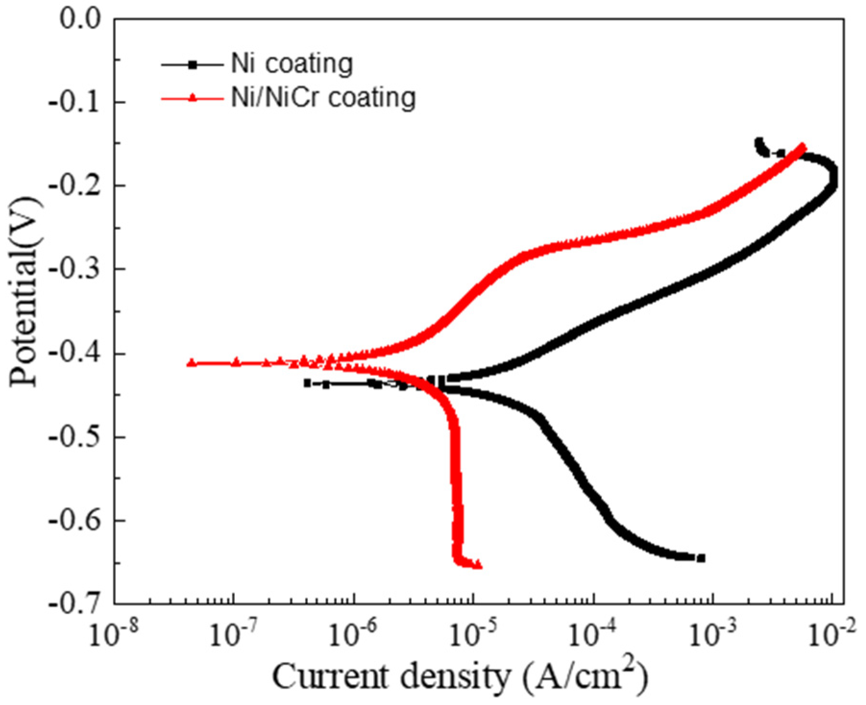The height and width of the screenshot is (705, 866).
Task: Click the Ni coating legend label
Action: (x=292, y=64)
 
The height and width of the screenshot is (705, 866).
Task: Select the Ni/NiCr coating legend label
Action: (x=323, y=98)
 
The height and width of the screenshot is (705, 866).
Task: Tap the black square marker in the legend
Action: (x=192, y=64)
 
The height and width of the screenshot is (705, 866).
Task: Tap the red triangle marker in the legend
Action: (x=192, y=98)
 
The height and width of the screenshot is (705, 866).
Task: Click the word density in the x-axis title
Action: (x=454, y=676)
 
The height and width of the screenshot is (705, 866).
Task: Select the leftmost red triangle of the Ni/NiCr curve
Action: (x=192, y=363)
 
